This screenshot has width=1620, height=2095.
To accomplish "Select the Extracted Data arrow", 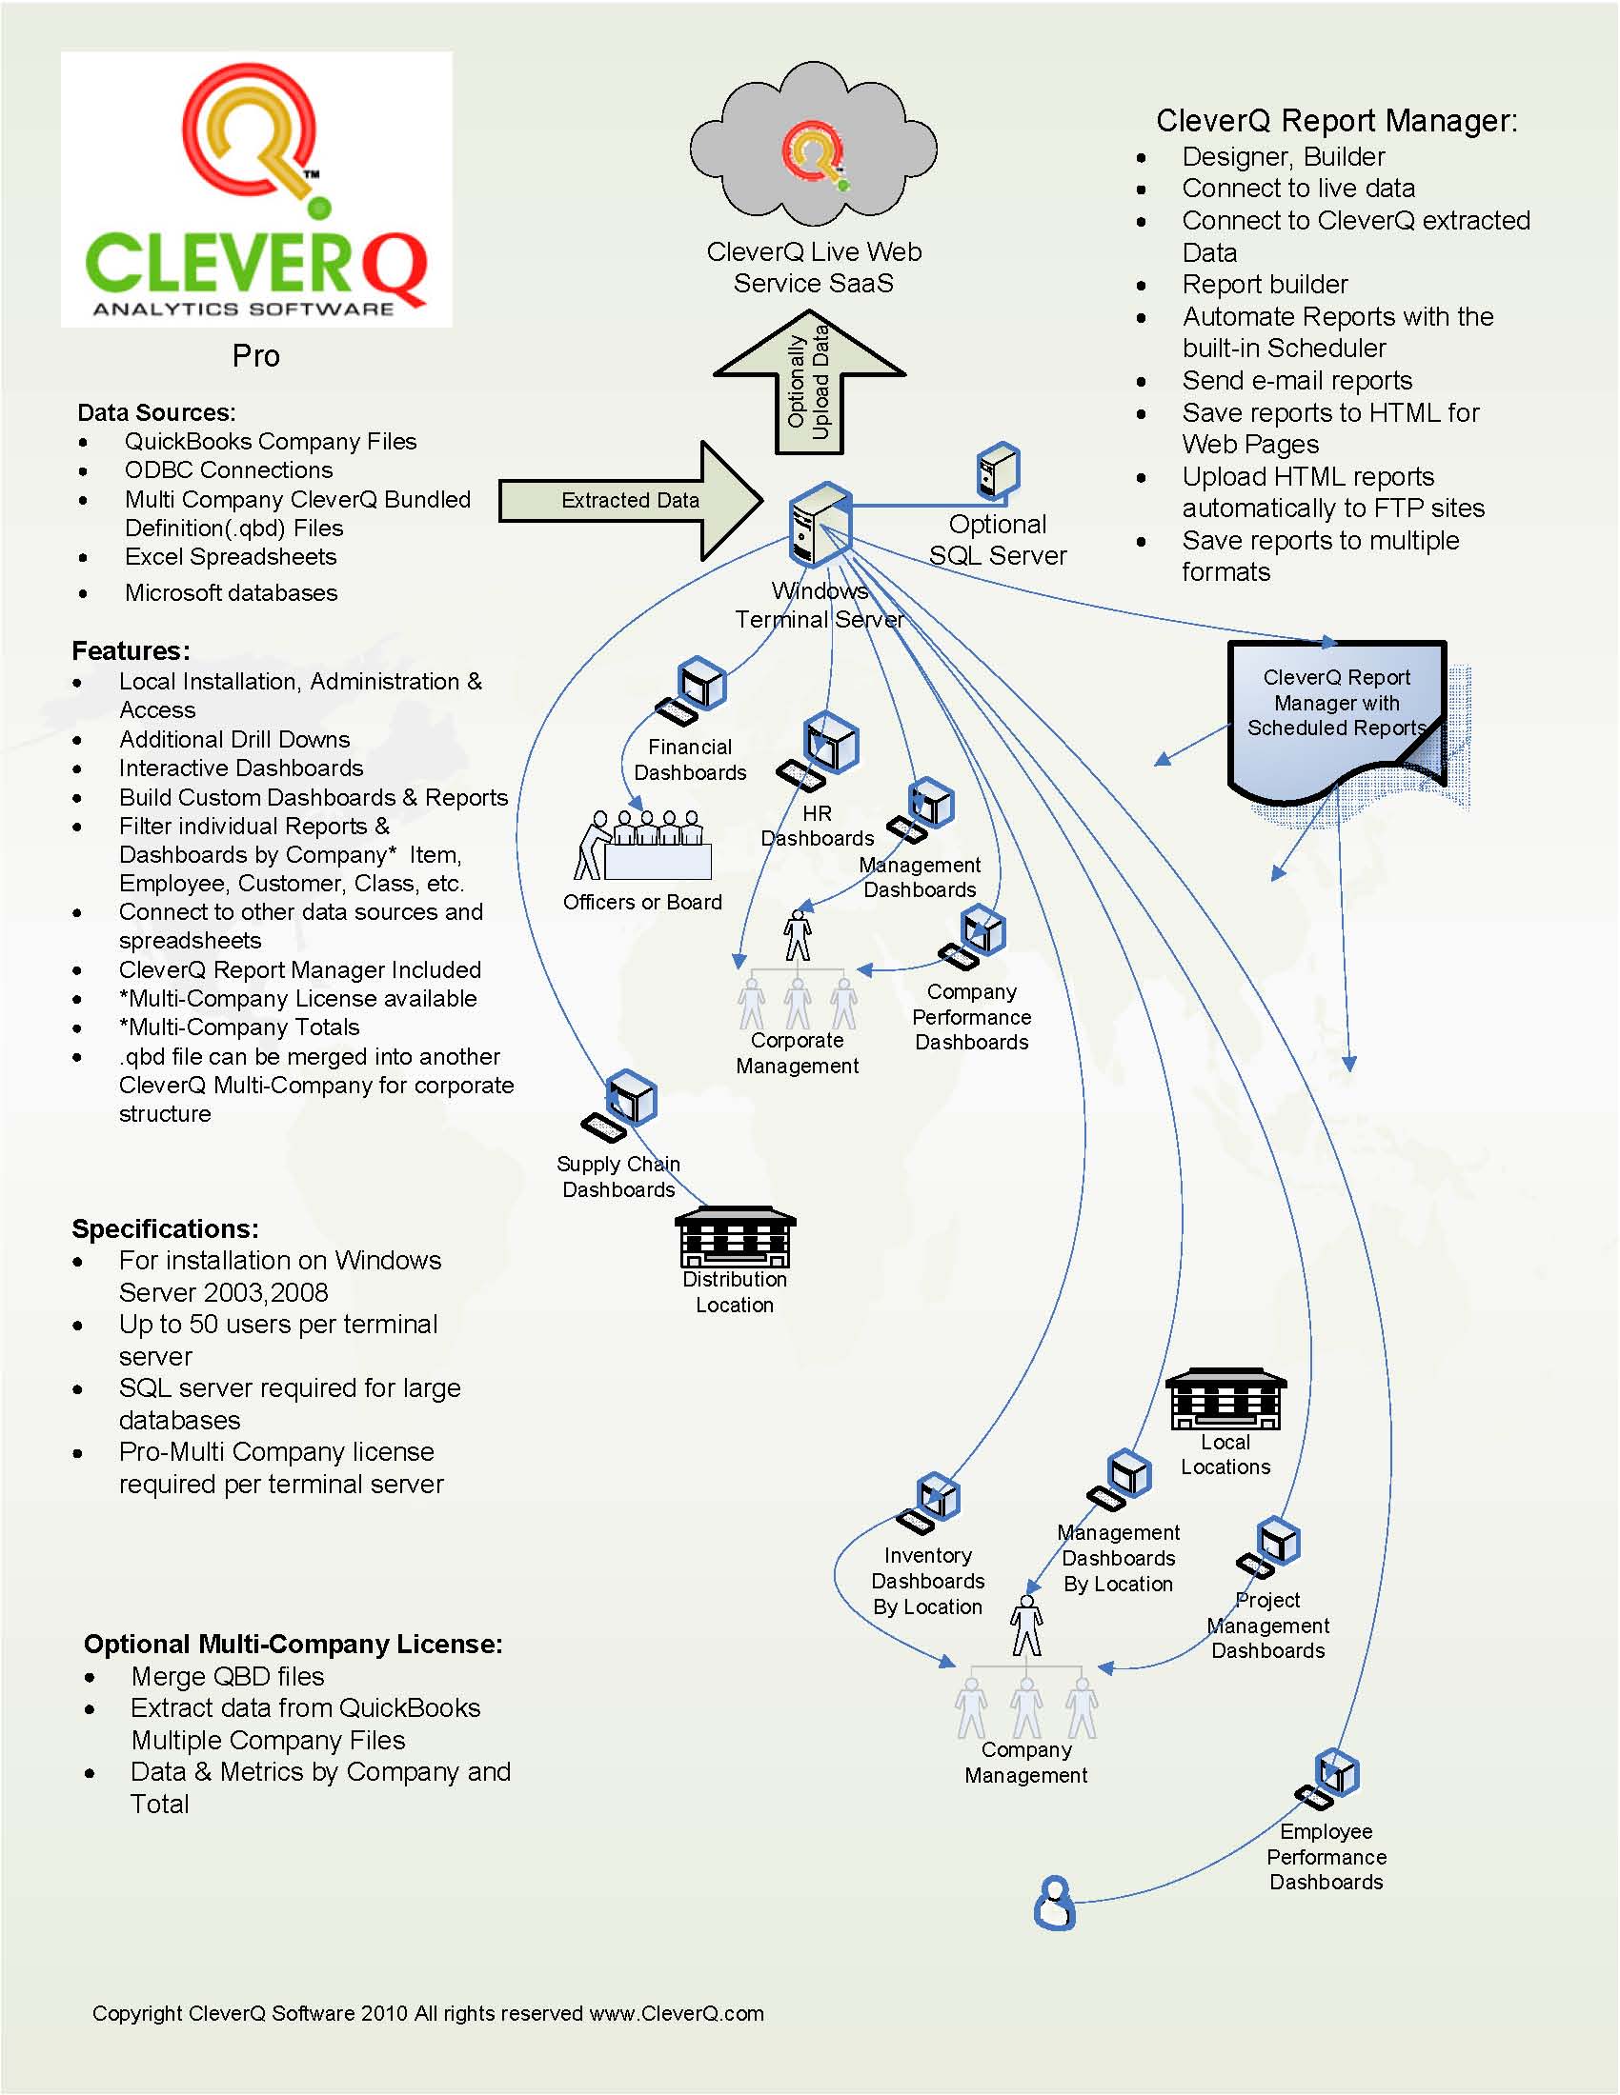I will click(x=630, y=501).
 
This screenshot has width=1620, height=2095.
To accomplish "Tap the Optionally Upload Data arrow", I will click(x=809, y=384).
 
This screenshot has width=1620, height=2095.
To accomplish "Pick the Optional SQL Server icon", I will click(x=998, y=471).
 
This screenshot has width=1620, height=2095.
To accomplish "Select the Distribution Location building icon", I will click(x=735, y=1236).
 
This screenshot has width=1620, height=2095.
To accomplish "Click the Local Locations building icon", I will click(x=1225, y=1400).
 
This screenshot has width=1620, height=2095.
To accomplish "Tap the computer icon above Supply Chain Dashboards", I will click(x=622, y=1105).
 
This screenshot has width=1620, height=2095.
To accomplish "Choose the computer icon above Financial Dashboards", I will click(x=693, y=691).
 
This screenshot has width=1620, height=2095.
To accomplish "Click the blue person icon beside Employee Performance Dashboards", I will click(x=1054, y=1904).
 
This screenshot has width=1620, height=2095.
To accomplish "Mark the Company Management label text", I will click(x=1026, y=1762).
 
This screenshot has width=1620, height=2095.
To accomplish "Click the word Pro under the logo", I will click(x=255, y=356).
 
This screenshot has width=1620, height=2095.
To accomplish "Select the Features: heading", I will click(x=131, y=651).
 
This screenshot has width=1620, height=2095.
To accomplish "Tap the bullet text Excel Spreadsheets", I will click(x=231, y=557).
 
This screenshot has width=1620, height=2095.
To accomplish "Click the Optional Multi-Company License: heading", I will click(x=293, y=1645).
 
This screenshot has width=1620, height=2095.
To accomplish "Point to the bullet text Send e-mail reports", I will click(x=1297, y=381).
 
